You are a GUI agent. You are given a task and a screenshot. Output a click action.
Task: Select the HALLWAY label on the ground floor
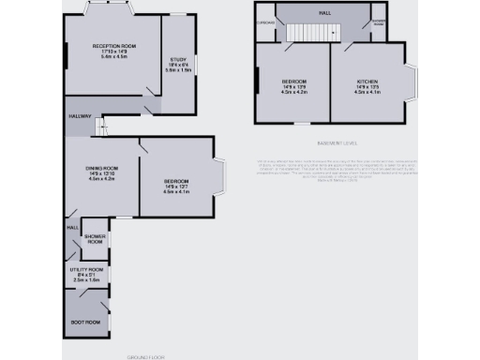[79, 116]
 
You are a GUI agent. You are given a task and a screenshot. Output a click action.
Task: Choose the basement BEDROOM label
[294, 82]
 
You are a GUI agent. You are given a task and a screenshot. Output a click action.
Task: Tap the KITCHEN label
[367, 82]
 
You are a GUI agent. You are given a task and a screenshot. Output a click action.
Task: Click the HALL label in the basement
[324, 13]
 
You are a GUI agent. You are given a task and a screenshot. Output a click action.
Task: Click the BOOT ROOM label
[86, 322]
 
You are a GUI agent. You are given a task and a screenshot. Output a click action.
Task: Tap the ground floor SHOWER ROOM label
[95, 238]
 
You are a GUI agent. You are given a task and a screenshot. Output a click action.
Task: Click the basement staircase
[309, 34]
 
